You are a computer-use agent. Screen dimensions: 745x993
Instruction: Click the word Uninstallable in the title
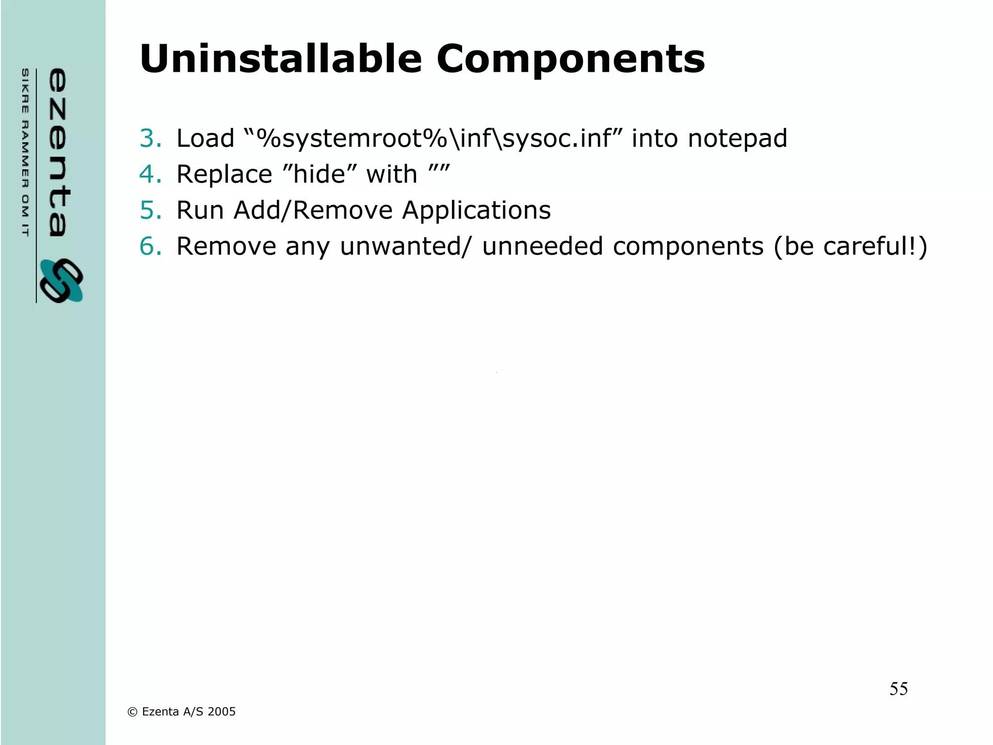(281, 59)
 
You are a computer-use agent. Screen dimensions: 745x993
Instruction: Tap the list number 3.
(150, 138)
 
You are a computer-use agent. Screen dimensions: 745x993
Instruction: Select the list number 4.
(150, 174)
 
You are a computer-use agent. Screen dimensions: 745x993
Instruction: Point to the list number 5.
(150, 210)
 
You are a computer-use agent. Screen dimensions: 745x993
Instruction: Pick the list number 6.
(150, 246)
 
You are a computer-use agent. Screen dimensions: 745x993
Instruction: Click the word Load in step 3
(205, 138)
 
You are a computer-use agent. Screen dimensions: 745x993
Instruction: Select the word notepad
(737, 138)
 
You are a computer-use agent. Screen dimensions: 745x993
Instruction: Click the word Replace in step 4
(224, 174)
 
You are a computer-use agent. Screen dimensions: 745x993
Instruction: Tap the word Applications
(476, 210)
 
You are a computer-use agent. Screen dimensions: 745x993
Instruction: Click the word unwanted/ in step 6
(405, 246)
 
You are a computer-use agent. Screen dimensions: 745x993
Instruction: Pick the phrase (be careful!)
(850, 246)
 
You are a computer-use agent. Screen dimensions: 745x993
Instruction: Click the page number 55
(898, 689)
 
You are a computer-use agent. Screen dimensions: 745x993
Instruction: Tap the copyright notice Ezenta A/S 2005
(181, 712)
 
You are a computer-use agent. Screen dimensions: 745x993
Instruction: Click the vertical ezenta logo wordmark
(58, 152)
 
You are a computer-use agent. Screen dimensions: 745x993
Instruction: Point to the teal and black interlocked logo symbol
(61, 281)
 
